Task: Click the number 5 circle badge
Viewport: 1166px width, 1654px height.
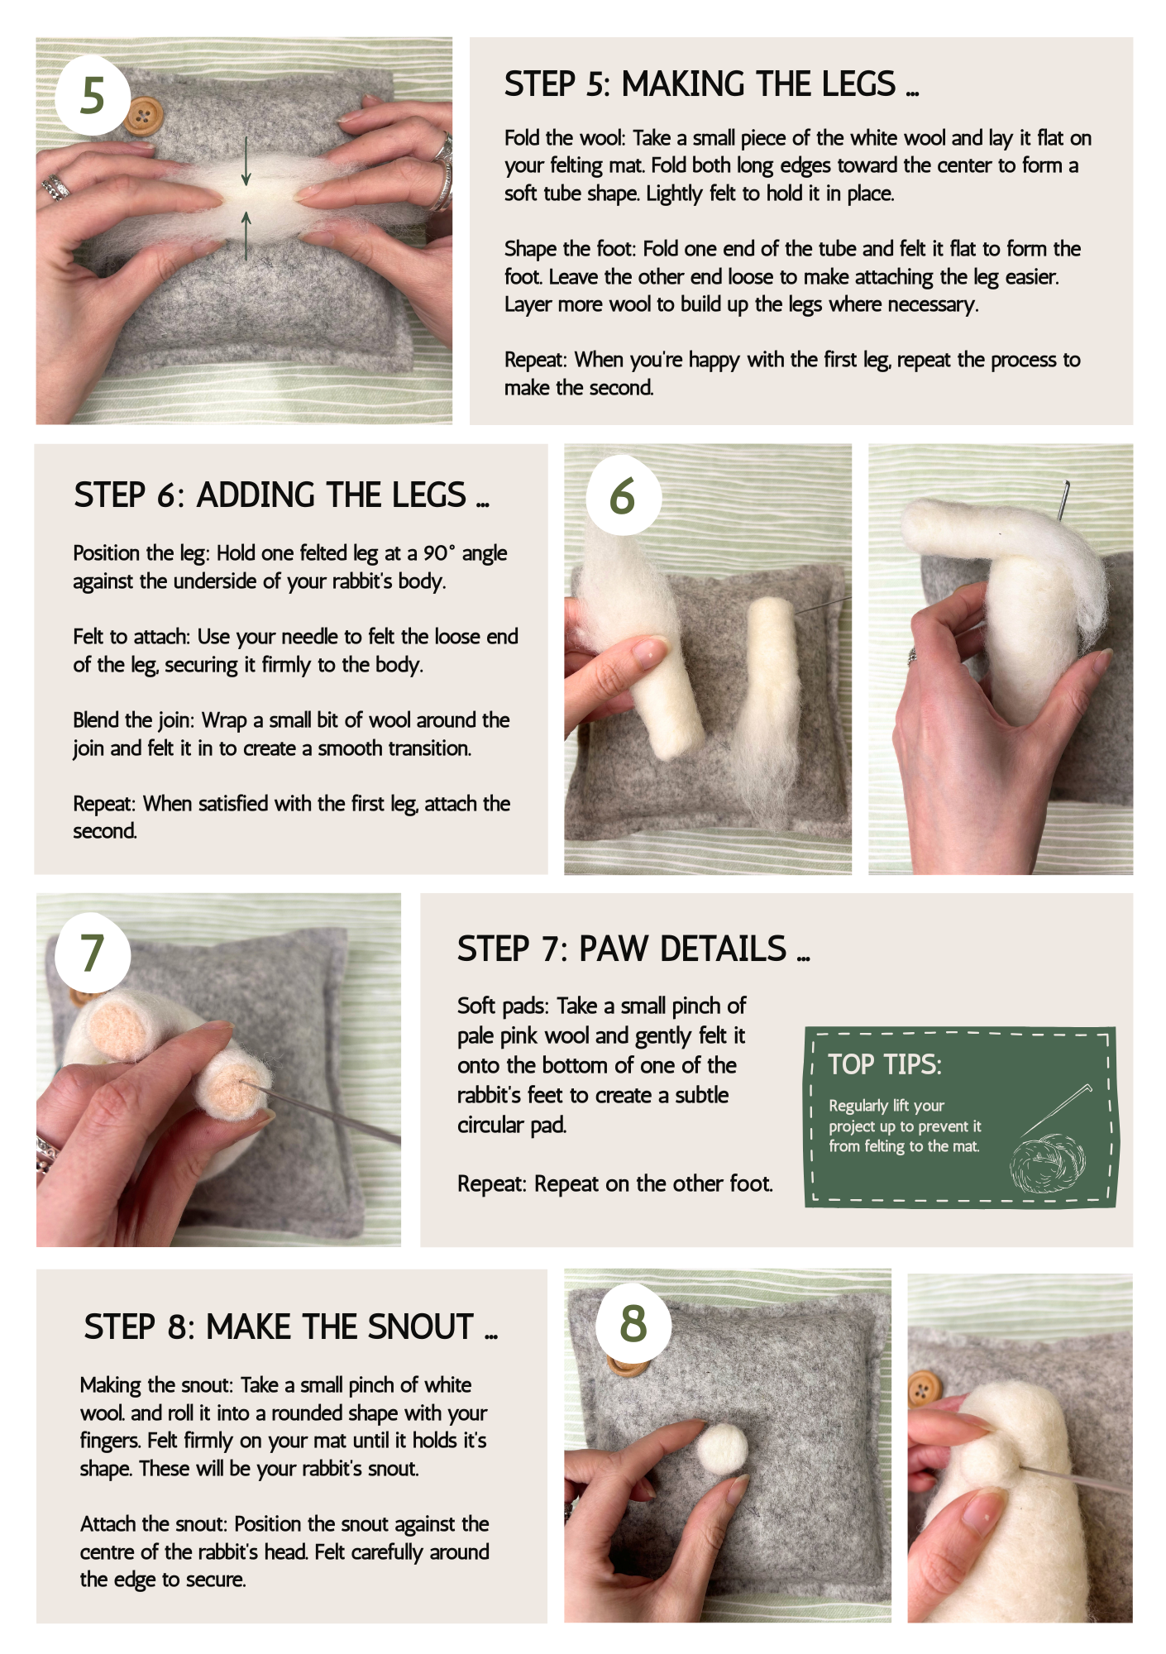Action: point(93,96)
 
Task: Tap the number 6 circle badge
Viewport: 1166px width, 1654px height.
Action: point(624,495)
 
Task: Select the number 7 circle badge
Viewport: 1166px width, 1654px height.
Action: point(92,954)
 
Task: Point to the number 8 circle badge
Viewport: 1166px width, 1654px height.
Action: point(633,1322)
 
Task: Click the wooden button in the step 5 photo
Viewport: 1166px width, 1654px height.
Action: point(145,115)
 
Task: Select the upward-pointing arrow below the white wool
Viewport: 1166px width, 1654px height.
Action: point(246,235)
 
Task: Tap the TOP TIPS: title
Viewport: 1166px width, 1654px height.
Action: point(885,1064)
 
